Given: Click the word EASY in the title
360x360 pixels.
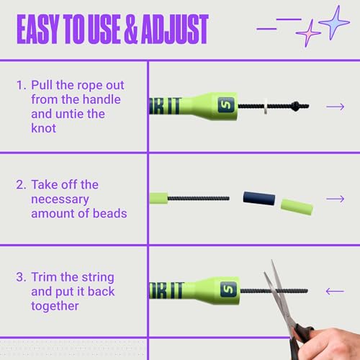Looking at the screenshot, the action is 37,29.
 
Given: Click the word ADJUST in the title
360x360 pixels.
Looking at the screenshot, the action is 175,29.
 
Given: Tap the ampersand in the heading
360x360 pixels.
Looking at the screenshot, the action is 131,29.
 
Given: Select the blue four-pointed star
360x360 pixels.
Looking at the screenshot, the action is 335,22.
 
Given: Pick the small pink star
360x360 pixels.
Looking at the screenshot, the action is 308,33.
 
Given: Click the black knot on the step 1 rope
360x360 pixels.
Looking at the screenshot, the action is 295,106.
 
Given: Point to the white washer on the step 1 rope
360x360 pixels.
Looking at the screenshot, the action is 266,106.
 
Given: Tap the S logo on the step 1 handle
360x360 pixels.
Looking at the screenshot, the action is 226,105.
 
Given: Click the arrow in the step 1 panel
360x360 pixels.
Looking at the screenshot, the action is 336,107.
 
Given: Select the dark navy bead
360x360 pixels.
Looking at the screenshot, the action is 259,198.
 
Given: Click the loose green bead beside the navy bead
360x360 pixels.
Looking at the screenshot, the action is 297,207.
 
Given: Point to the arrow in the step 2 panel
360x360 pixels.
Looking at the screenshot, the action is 336,199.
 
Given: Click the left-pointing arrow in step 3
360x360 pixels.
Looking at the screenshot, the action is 335,292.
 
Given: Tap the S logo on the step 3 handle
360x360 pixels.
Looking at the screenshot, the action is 228,289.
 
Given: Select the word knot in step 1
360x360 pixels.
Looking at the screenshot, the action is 43,128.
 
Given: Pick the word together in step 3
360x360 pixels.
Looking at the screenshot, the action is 55,306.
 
